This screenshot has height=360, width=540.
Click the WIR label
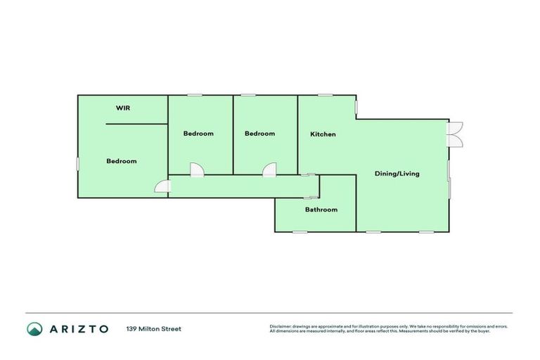point(123,108)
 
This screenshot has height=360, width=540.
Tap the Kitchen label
point(323,134)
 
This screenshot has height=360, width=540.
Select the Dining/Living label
point(397,174)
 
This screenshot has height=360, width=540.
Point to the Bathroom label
point(321,210)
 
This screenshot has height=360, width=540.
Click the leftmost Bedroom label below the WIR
point(121,161)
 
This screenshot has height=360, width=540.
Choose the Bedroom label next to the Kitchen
point(259,134)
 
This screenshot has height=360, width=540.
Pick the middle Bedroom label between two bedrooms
point(198,134)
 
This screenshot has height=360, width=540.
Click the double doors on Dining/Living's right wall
point(456,134)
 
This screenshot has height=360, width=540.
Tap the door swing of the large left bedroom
point(163,186)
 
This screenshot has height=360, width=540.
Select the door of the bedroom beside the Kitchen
point(269,169)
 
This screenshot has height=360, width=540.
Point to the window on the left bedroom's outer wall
point(78,162)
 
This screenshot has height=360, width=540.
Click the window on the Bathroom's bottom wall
point(300,232)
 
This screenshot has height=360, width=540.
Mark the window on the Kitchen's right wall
point(356,106)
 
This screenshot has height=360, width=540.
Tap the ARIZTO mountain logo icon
point(34,328)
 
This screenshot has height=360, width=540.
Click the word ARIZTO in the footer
point(79,328)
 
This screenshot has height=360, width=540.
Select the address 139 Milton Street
point(153,328)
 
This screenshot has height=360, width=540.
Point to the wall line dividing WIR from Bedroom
point(136,124)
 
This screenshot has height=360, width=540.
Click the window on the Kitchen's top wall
point(325,96)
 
